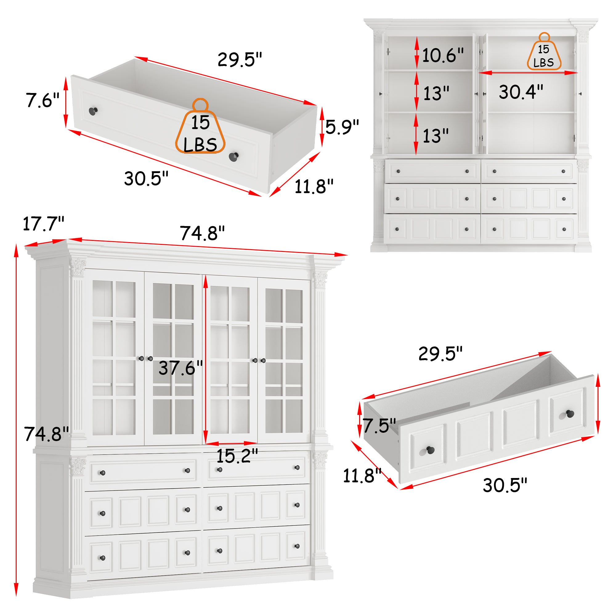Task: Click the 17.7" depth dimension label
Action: [x=43, y=224]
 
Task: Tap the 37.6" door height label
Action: [x=180, y=368]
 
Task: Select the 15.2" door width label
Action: [x=237, y=456]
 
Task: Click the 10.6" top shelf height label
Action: [x=443, y=55]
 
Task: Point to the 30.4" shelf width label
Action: [x=521, y=92]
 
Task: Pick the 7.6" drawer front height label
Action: [x=42, y=100]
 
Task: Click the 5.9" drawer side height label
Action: [x=342, y=127]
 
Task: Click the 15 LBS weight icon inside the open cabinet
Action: [x=544, y=53]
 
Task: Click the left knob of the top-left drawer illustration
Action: [x=93, y=111]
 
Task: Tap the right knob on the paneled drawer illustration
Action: [x=570, y=415]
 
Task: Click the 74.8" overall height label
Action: [x=46, y=434]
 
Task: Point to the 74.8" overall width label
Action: [x=202, y=233]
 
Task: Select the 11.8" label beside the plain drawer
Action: [x=314, y=187]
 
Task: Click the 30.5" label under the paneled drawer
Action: [x=505, y=485]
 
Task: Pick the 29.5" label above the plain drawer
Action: [x=239, y=60]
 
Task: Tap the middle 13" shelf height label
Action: [x=436, y=94]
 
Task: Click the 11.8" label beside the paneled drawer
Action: [x=362, y=476]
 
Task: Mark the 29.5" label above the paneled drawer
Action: [x=440, y=354]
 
